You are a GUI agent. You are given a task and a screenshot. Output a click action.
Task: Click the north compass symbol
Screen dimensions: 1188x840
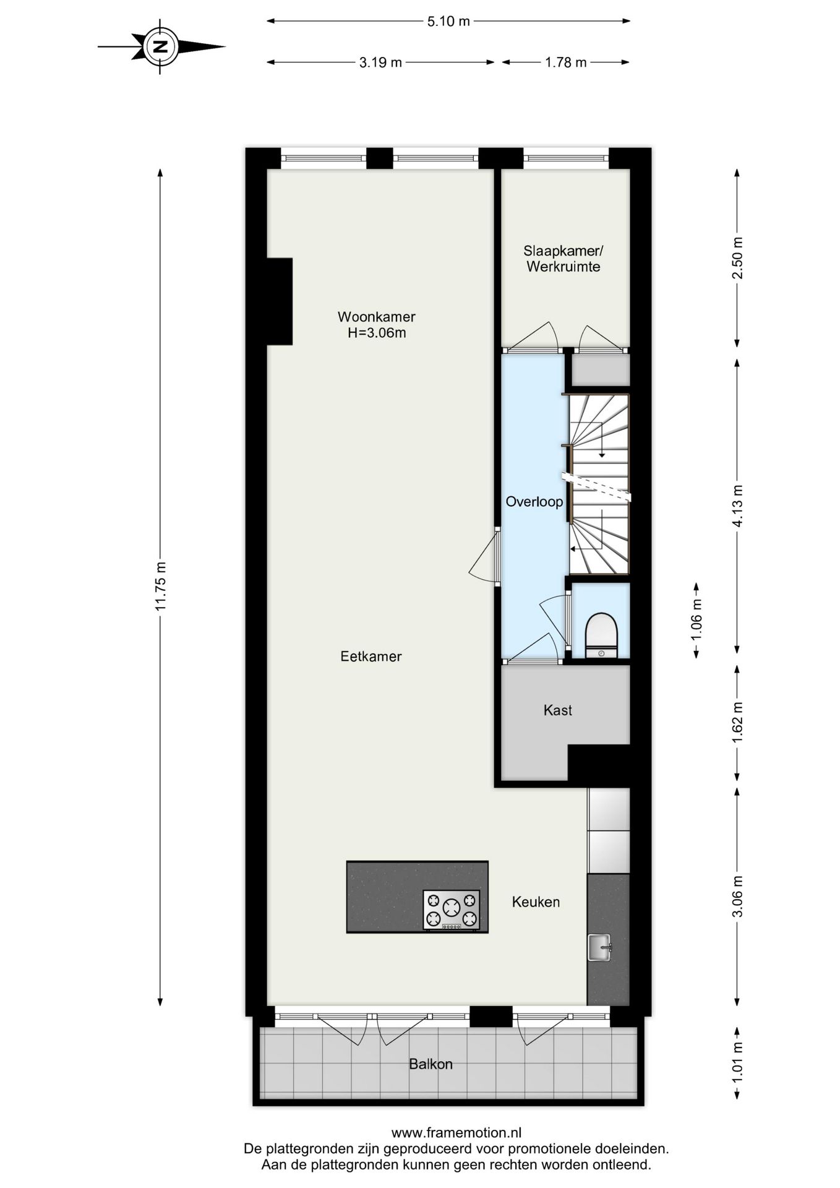click(160, 46)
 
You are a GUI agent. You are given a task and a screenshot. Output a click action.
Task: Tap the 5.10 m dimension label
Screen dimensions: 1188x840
click(448, 22)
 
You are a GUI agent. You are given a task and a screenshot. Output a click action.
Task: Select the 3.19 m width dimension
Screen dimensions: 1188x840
click(380, 62)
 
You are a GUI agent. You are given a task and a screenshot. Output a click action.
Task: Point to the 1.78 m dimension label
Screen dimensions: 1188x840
click(565, 62)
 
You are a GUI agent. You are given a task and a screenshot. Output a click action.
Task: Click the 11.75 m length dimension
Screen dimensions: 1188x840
click(160, 586)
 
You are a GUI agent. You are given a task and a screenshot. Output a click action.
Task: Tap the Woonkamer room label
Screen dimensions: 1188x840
click(376, 317)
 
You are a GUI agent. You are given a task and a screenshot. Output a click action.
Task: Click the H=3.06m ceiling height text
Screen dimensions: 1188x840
click(376, 334)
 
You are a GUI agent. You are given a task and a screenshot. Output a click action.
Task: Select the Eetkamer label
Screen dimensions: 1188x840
click(371, 656)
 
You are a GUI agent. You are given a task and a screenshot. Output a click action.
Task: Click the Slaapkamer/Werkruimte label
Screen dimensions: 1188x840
click(563, 259)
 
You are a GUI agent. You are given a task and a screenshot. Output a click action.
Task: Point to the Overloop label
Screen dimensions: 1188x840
click(534, 502)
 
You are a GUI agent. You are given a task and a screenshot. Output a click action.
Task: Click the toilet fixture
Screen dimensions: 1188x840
click(601, 632)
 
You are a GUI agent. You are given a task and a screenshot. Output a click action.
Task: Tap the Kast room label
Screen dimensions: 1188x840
click(557, 710)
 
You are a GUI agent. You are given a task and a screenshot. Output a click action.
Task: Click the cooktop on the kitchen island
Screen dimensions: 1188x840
click(452, 910)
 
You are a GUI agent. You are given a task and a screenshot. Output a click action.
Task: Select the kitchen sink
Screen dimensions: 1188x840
click(599, 947)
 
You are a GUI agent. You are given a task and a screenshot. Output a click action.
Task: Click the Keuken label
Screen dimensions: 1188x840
click(536, 902)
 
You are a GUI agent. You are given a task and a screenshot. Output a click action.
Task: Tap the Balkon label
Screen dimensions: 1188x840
click(431, 1064)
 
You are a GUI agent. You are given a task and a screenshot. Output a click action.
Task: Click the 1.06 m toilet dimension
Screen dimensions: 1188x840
click(696, 620)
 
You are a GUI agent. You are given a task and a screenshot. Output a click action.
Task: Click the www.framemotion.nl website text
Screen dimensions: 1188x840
click(456, 1133)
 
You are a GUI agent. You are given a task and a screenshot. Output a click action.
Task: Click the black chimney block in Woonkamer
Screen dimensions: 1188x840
click(279, 301)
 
